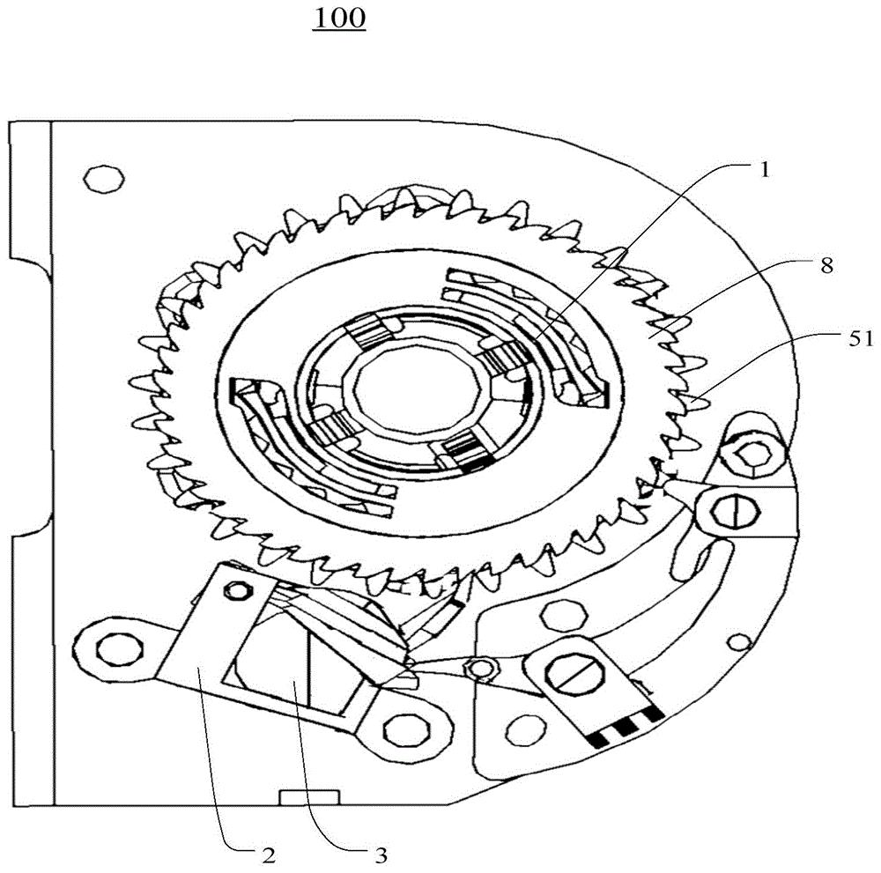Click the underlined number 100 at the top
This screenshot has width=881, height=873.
point(339,18)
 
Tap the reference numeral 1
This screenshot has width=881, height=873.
point(764,169)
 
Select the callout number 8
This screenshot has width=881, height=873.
point(826,266)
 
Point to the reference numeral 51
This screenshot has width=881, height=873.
point(860,339)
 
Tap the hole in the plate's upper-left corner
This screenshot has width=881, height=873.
point(103,179)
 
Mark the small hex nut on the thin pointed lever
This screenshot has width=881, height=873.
point(481,668)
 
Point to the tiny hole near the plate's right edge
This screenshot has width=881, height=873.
point(741,641)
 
